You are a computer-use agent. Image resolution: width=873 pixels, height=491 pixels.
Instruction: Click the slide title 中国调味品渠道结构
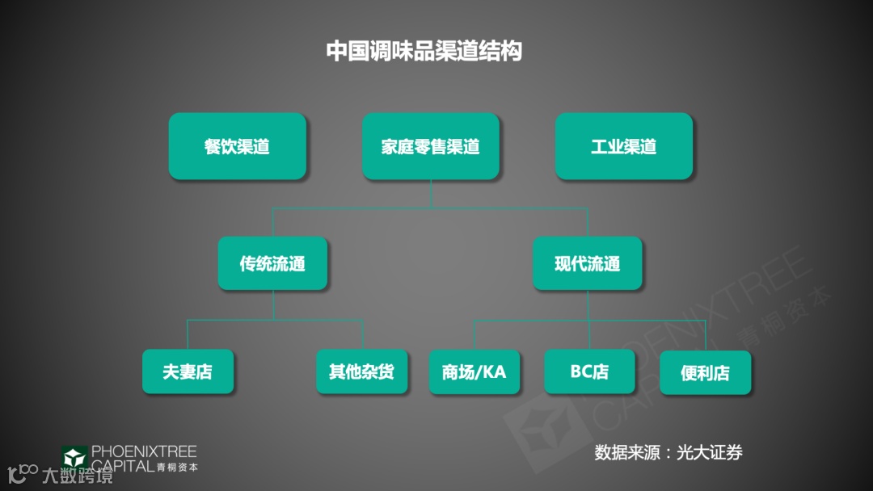pyautogui.click(x=424, y=51)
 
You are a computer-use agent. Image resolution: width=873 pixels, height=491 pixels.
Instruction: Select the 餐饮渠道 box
pyautogui.click(x=237, y=146)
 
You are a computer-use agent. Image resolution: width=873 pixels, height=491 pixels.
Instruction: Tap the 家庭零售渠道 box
pyautogui.click(x=430, y=146)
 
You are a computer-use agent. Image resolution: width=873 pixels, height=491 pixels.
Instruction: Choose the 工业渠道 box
pyautogui.click(x=623, y=146)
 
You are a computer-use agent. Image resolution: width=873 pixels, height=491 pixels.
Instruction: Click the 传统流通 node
pyautogui.click(x=272, y=263)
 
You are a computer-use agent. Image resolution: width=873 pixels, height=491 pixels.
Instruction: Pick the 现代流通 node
pyautogui.click(x=587, y=263)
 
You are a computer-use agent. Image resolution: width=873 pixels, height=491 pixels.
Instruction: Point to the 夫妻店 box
pyautogui.click(x=188, y=371)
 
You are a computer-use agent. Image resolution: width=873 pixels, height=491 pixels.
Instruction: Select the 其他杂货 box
pyautogui.click(x=361, y=371)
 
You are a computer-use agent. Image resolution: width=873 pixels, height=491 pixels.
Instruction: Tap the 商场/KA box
pyautogui.click(x=474, y=371)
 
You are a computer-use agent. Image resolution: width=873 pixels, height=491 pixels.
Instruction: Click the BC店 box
pyautogui.click(x=589, y=371)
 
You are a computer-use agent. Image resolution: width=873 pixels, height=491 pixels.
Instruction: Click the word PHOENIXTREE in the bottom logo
pyautogui.click(x=144, y=451)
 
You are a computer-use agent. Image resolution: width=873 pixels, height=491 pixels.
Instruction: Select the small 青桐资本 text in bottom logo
pyautogui.click(x=177, y=467)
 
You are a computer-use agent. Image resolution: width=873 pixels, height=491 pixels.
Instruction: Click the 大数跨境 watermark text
pyautogui.click(x=77, y=476)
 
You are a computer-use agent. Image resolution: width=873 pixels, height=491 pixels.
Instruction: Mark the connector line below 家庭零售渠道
pyautogui.click(x=430, y=194)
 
